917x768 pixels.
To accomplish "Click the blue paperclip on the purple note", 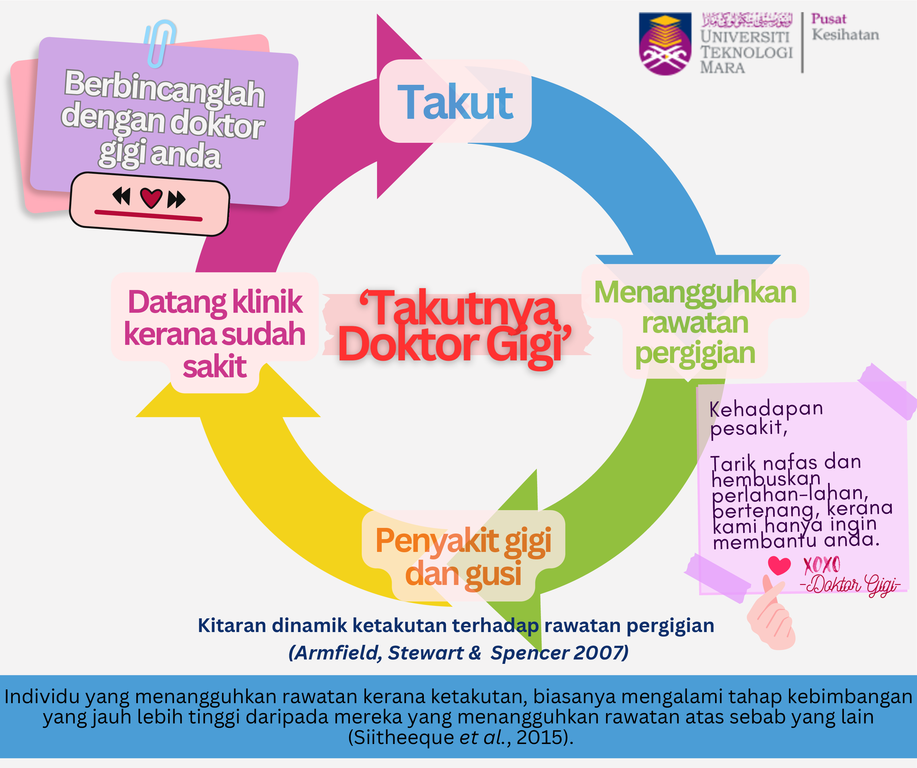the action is (160, 44).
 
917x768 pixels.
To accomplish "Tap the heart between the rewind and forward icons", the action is (151, 198).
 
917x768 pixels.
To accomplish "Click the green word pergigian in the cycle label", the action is (695, 354).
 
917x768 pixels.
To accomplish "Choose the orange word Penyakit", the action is (437, 541).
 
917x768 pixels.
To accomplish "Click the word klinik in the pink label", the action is (267, 302).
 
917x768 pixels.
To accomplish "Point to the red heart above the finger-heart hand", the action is (779, 566).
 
